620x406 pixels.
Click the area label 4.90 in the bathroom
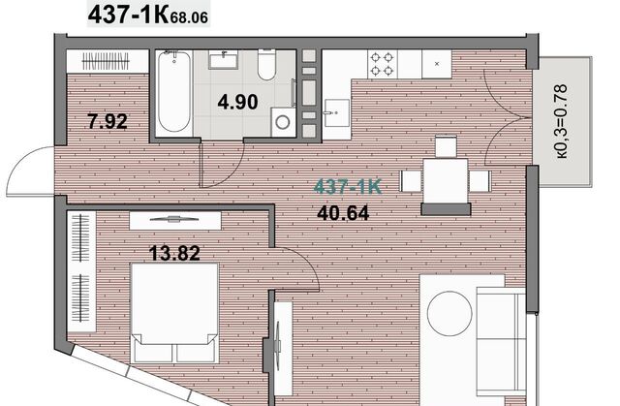coord(237,103)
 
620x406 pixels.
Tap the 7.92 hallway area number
coord(108,121)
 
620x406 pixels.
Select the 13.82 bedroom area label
coord(174,253)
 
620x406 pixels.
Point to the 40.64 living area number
coord(343,213)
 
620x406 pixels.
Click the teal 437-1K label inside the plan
coord(348,187)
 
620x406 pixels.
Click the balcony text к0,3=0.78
coord(562,121)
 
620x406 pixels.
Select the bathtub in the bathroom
coord(174,91)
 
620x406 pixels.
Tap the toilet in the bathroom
coord(266,65)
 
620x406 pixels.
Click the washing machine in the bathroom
coord(283,122)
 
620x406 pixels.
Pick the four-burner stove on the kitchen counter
coord(383,64)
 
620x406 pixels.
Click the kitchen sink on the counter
coord(336,113)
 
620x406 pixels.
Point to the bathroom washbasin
coord(224,60)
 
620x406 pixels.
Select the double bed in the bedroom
coord(174,313)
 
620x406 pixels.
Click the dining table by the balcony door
coord(446,180)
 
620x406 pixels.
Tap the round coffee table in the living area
coord(449,314)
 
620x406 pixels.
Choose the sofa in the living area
coord(501,342)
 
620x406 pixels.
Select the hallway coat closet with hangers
coord(106,61)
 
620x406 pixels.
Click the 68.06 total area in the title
coord(189,17)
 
